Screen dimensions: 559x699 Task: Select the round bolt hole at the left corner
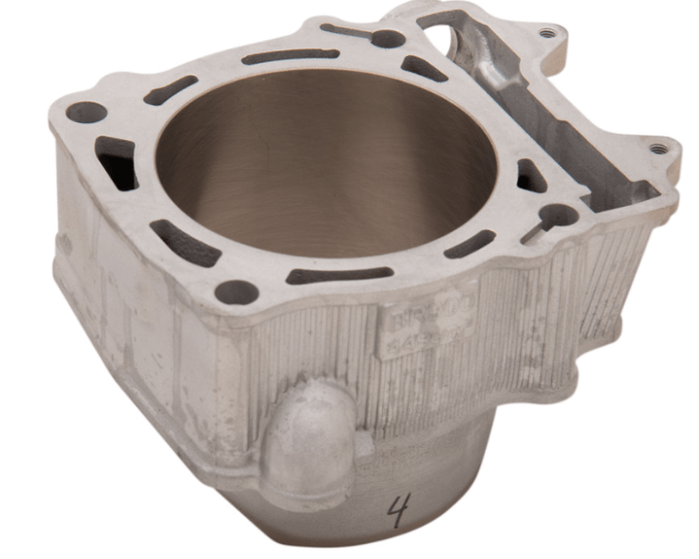point(86,113)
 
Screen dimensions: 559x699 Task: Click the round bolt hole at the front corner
point(236,292)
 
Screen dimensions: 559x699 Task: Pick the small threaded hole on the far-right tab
point(656,148)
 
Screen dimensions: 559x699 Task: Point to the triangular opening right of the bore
point(530,175)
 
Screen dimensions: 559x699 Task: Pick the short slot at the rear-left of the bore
point(171,90)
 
